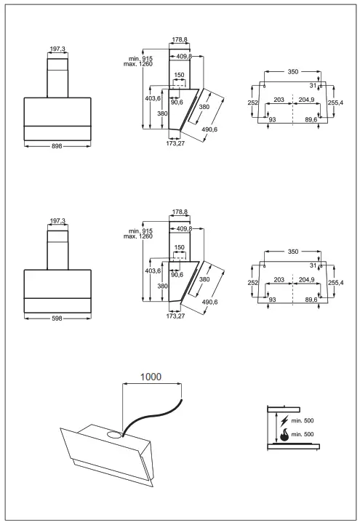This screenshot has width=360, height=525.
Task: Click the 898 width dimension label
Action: (57, 146)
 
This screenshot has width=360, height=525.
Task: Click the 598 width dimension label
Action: (57, 318)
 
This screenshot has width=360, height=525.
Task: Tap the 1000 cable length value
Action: (151, 377)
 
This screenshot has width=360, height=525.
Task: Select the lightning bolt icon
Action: (284, 420)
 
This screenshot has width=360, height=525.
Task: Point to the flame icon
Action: (284, 435)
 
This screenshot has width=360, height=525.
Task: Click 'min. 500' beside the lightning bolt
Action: (303, 420)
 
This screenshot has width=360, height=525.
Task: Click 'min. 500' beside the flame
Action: (303, 434)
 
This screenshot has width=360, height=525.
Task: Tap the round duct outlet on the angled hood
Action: (114, 435)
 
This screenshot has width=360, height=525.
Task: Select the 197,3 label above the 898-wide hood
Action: (57, 49)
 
